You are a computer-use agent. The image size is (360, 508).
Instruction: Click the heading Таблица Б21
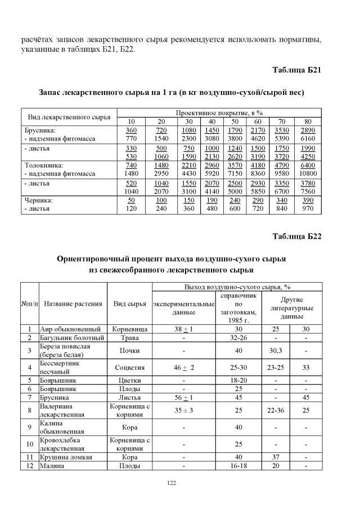296,70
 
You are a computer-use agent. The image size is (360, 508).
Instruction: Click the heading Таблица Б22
296,236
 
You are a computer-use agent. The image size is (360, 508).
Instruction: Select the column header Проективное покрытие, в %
219,113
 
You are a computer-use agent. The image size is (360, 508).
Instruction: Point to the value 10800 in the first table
308,174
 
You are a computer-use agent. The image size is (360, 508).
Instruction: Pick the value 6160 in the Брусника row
308,138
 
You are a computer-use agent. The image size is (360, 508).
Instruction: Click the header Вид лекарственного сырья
69,117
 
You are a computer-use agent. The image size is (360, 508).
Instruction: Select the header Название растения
73,304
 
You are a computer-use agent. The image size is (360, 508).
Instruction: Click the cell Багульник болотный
72,338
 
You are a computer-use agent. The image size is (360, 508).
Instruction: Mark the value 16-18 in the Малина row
238,466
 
